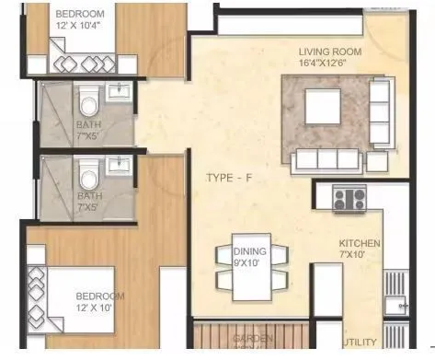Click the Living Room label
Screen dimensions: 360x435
click(329, 52)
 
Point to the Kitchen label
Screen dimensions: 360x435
click(359, 244)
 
